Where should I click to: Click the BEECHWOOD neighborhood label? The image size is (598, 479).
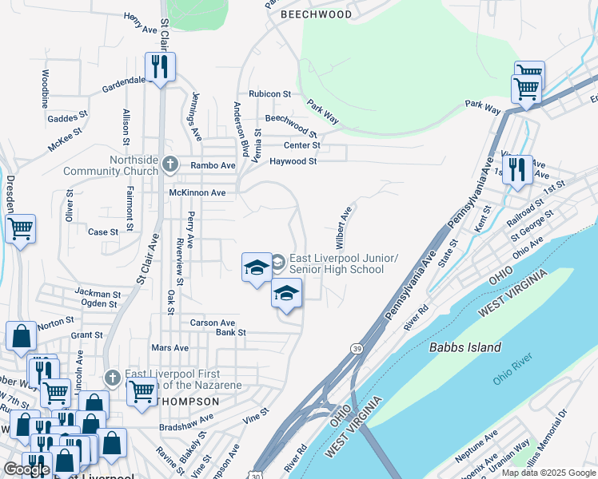(x=316, y=14)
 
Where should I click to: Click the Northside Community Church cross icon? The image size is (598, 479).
(x=169, y=164)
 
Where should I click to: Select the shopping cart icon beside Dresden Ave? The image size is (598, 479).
(x=20, y=230)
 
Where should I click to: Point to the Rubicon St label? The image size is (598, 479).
(x=269, y=94)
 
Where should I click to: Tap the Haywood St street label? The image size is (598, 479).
(x=293, y=161)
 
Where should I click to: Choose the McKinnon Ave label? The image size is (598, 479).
(x=197, y=193)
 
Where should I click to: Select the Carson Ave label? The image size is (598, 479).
(x=213, y=323)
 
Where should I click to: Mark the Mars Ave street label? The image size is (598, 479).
(x=169, y=348)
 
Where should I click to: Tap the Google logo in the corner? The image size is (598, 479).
(x=26, y=469)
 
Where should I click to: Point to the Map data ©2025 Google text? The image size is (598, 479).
(x=548, y=473)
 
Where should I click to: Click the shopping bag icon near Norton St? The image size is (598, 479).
(x=20, y=338)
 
